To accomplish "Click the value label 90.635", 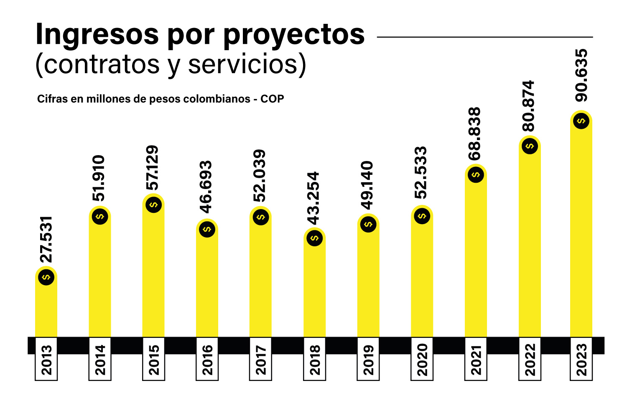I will tap(581, 75).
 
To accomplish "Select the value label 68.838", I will tap(475, 134).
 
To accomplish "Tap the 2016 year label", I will tap(207, 360).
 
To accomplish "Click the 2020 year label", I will tap(422, 360).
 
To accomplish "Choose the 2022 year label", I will tap(530, 360).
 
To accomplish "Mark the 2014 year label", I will tap(100, 360).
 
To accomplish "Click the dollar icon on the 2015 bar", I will tap(153, 204).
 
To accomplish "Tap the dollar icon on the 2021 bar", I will tap(476, 174).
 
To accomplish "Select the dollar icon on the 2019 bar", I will tap(368, 224).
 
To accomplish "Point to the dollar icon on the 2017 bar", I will tap(261, 217).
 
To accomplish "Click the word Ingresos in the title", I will tap(97, 34).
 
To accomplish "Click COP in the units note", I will tap(272, 99).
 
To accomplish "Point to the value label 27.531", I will tap(46, 239).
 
